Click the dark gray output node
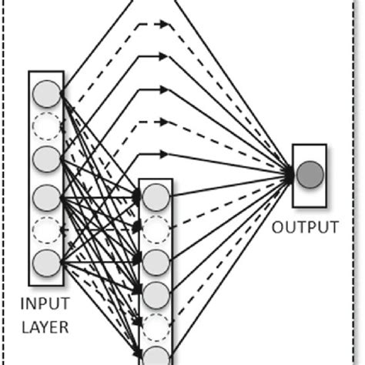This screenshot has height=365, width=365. point(310,174)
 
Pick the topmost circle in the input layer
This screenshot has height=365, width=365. point(46,95)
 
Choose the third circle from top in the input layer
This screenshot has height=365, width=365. point(46,159)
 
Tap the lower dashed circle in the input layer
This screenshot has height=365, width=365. point(46,229)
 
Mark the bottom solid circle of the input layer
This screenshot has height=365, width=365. point(46,262)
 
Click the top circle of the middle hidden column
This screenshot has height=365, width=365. point(156,196)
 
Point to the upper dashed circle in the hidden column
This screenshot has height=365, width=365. point(156,227)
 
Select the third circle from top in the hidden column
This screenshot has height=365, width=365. point(156,260)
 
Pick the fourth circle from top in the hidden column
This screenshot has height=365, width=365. point(156,293)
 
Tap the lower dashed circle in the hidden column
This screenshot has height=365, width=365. point(156,324)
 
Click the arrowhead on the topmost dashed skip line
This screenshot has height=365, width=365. point(164,25)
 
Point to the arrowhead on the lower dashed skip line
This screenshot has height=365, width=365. point(164,122)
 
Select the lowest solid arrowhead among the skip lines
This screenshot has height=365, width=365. point(164,152)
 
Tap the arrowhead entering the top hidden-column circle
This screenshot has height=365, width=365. point(138,196)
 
